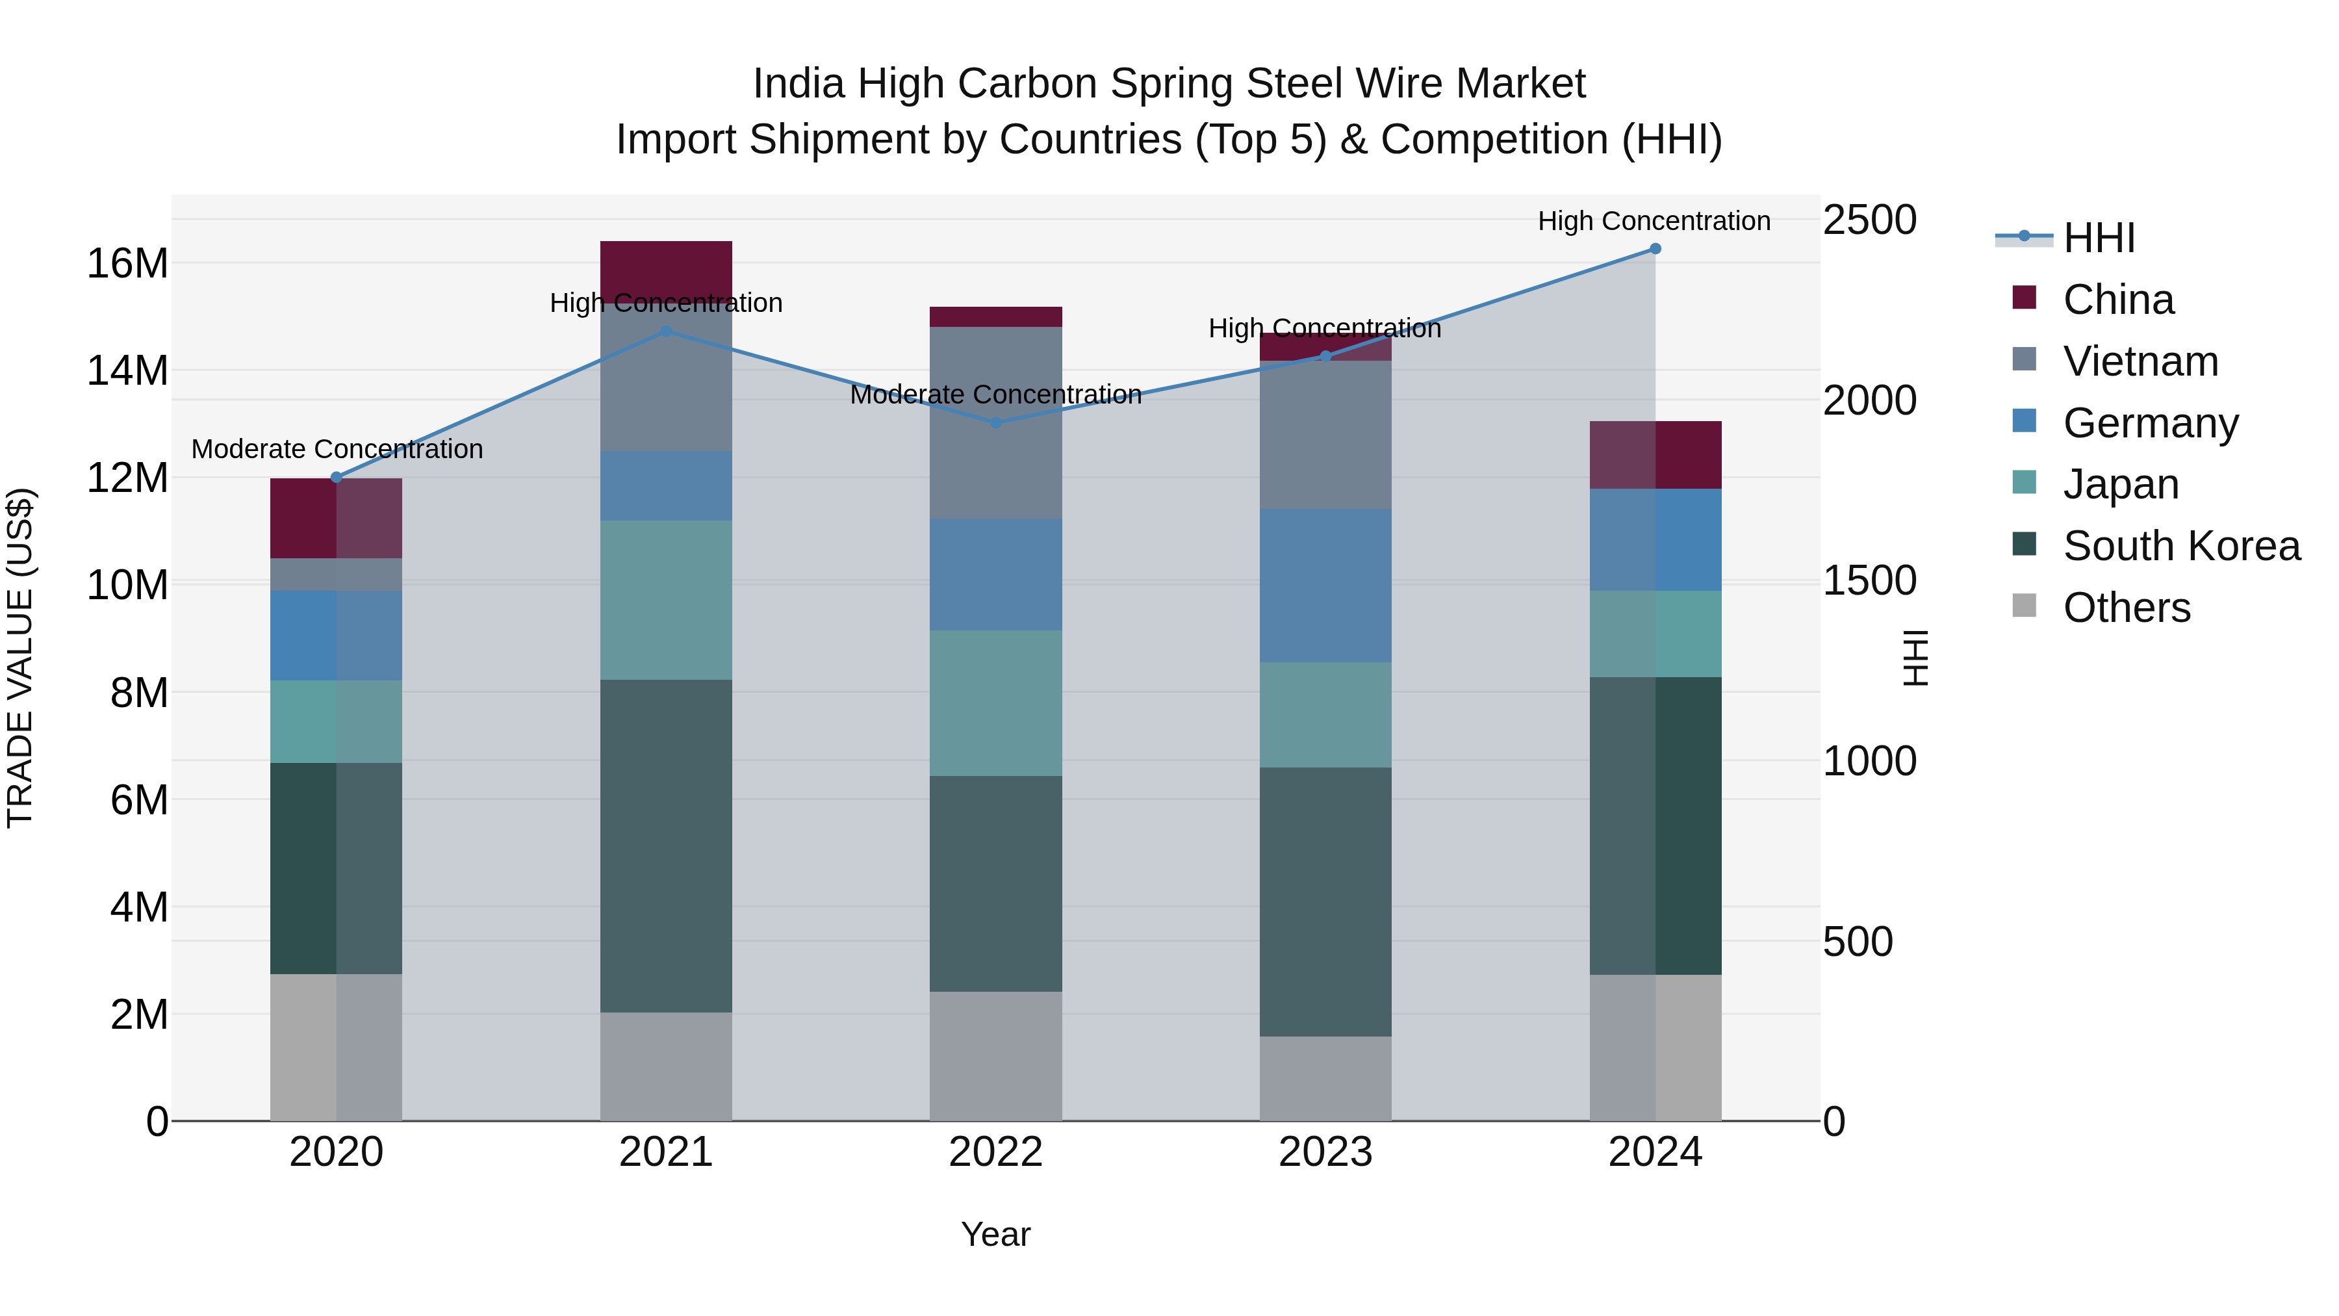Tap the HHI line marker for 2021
pyautogui.click(x=665, y=331)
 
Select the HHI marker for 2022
pyautogui.click(x=995, y=422)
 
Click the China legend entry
pyautogui.click(x=2117, y=300)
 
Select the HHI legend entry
pyautogui.click(x=2097, y=238)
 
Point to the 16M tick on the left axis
pyautogui.click(x=127, y=263)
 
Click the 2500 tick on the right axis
pyautogui.click(x=1869, y=221)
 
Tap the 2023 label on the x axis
pyautogui.click(x=1325, y=1152)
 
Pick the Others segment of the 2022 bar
pyautogui.click(x=995, y=1055)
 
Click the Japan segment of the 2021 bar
pyautogui.click(x=665, y=599)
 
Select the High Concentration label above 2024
pyautogui.click(x=1654, y=222)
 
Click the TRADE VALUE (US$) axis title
pyautogui.click(x=20, y=658)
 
